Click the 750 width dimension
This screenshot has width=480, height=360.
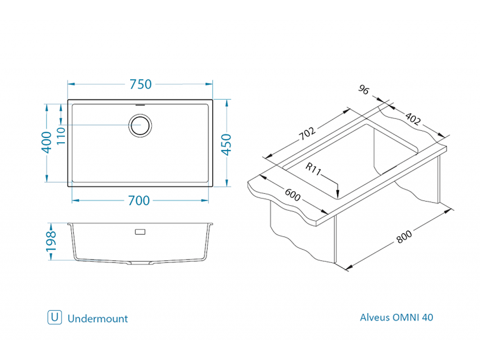[140, 84]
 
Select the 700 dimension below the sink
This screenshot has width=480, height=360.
[139, 200]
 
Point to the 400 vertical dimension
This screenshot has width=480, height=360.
[46, 142]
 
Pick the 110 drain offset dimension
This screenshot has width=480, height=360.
[61, 135]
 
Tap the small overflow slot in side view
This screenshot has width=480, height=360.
[140, 232]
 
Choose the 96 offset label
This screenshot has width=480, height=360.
[364, 90]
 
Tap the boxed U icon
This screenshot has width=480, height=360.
[54, 317]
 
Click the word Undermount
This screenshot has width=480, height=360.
[98, 319]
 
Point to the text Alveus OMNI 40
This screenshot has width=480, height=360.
[396, 317]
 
